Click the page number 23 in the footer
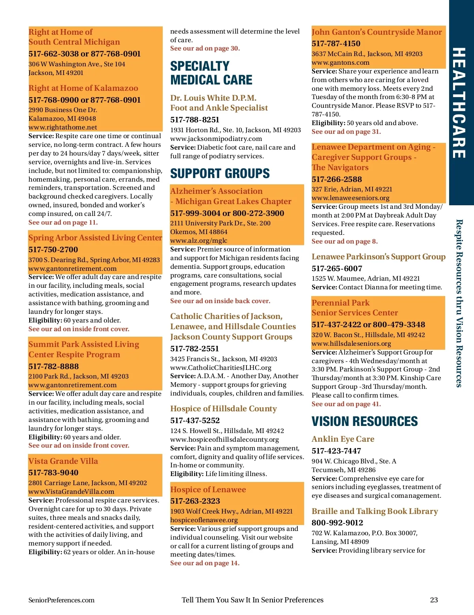[434, 600]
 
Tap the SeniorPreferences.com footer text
[61, 600]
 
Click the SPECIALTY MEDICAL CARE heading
[211, 73]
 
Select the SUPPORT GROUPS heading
[220, 173]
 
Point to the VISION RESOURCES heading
[364, 421]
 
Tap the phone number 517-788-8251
[194, 120]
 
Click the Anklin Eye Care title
[342, 439]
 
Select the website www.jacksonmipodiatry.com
[216, 139]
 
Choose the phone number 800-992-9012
[337, 523]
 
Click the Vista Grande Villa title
[63, 461]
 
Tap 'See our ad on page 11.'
[63, 222]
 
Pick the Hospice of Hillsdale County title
[223, 409]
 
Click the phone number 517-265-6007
[337, 268]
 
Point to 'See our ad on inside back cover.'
[220, 301]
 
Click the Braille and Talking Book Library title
[374, 511]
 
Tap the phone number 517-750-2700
[53, 249]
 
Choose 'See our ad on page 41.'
[346, 404]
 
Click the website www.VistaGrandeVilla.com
[71, 491]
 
